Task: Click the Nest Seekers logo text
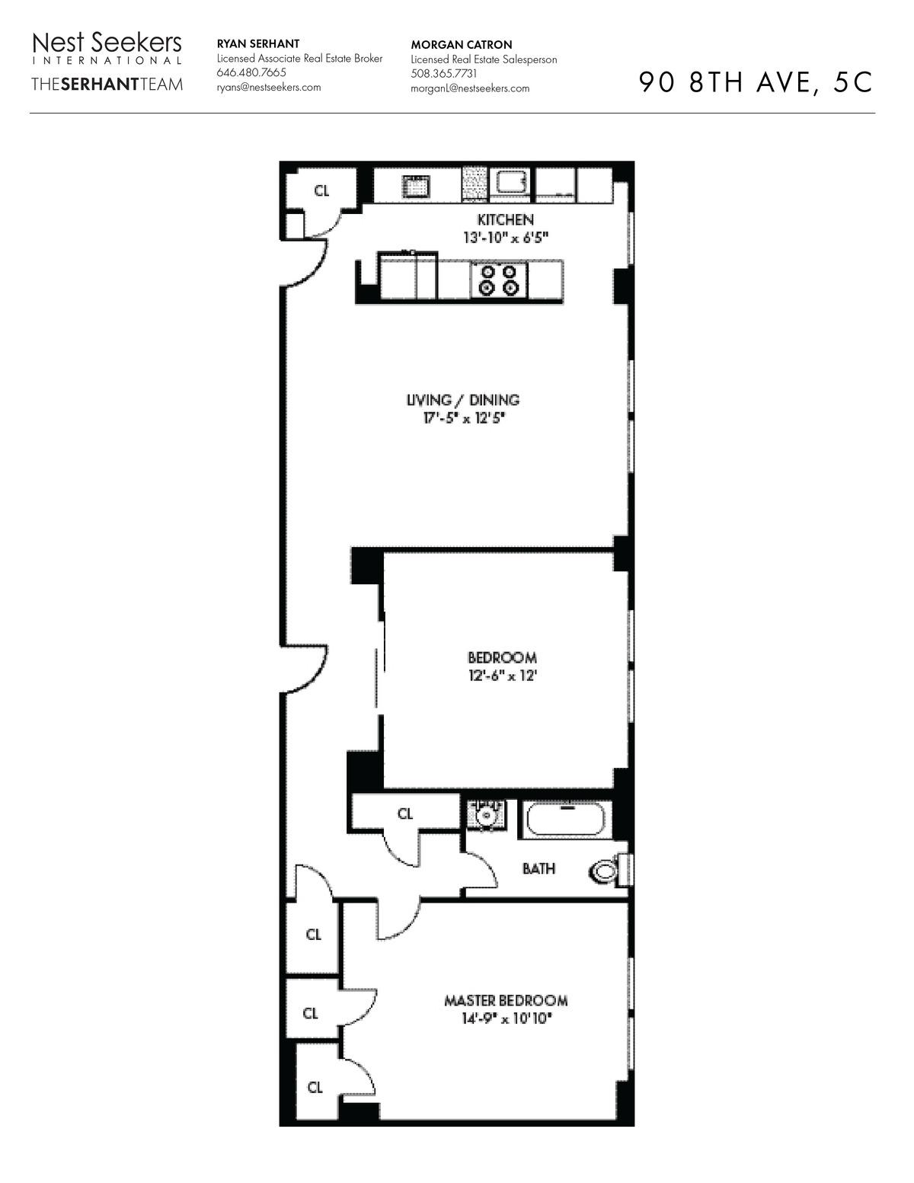107,43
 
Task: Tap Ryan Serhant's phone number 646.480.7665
251,72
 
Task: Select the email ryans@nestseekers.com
268,87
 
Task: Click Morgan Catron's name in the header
461,45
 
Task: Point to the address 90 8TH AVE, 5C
756,82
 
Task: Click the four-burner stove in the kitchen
499,280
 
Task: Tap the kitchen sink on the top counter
416,187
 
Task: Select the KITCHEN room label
505,220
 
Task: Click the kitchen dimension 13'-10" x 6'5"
505,238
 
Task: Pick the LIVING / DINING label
463,400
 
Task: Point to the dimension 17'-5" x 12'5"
463,418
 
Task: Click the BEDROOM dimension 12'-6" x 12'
503,676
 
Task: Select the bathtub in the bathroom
565,820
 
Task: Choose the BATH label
538,868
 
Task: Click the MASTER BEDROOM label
506,1001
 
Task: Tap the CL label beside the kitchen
321,191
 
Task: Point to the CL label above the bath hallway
405,814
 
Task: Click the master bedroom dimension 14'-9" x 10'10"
506,1018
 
